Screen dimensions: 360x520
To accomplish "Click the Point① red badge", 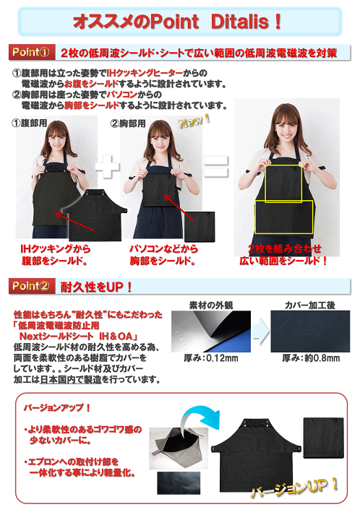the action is point(32,52).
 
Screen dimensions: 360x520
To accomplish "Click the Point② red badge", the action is point(32,286).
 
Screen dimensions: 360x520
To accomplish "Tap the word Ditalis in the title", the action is point(239,22).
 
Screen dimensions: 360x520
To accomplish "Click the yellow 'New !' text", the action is point(194,121).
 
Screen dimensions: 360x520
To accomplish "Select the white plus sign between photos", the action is point(108,167).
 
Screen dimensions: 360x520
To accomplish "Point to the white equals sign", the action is point(215,167).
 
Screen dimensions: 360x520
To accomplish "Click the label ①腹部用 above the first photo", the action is point(30,123).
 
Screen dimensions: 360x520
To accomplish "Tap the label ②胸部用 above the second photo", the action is point(128,123).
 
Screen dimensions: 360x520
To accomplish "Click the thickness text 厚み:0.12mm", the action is point(211,358).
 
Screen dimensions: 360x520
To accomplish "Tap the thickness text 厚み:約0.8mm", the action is point(311,358).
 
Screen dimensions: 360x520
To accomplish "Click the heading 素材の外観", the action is point(211,305).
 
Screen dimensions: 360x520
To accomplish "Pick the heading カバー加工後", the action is point(310,305).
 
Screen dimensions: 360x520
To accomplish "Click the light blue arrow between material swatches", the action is point(261,331).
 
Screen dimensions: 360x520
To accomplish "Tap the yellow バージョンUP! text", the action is point(294,487).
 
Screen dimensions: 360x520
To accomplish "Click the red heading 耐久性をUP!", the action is point(96,287).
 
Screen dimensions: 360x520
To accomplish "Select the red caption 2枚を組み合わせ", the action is point(285,248).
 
